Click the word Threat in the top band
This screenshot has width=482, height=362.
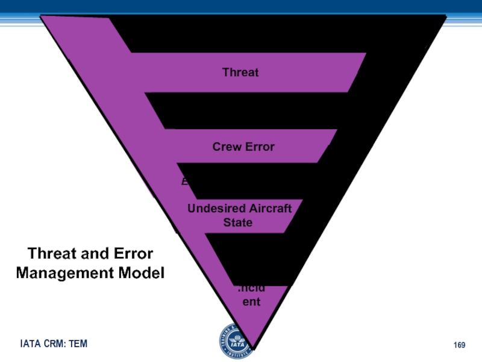point(240,72)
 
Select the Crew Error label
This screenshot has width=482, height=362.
point(243,147)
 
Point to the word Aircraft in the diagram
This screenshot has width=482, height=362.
point(269,209)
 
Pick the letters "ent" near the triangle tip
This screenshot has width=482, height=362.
point(251,301)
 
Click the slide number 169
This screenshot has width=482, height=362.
point(459,345)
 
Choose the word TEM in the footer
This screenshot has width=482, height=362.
point(78,344)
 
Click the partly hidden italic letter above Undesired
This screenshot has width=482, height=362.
point(184,181)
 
